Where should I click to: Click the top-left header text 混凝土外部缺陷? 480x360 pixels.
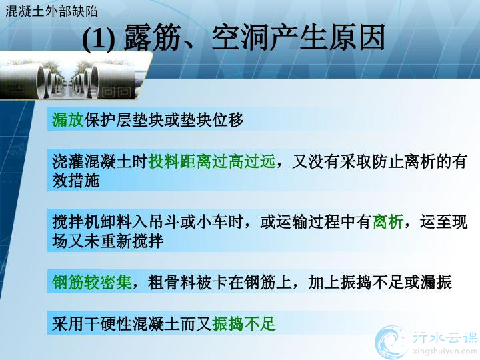[x=51, y=11]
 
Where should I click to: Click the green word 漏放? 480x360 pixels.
[x=67, y=120]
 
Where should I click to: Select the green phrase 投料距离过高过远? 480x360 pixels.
[x=212, y=161]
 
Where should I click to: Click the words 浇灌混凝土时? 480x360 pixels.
[x=100, y=161]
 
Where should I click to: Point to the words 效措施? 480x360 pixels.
[x=75, y=181]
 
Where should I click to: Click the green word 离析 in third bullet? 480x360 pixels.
[x=388, y=222]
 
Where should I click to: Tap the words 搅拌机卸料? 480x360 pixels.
[x=92, y=222]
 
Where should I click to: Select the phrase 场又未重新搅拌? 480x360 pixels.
[x=107, y=241]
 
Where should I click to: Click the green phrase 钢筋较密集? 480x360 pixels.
[x=91, y=282]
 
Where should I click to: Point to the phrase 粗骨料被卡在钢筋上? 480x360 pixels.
[x=219, y=282]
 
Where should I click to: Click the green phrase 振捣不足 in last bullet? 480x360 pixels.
[x=244, y=324]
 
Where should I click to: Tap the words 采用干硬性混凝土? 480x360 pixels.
[x=116, y=324]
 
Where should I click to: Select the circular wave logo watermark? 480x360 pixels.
[x=392, y=342]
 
